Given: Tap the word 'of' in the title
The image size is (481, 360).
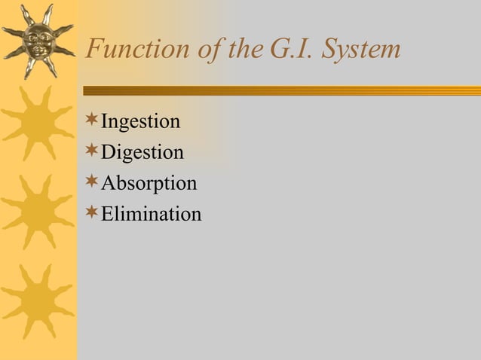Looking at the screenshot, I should tap(206, 50).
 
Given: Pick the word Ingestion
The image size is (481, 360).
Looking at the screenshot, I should tap(140, 122).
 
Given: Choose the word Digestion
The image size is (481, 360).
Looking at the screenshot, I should tap(142, 153).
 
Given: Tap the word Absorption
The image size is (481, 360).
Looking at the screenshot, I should tap(149, 184).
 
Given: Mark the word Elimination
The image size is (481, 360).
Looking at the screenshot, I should tap(151, 215).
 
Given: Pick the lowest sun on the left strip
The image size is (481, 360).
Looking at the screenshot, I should tap(37, 301).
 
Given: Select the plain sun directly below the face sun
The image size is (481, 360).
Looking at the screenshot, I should tap(37, 124).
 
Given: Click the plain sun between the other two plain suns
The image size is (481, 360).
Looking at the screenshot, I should tap(37, 212).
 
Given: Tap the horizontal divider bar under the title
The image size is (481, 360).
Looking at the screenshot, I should tap(279, 90).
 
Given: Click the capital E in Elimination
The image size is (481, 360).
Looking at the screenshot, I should tap(107, 215).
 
